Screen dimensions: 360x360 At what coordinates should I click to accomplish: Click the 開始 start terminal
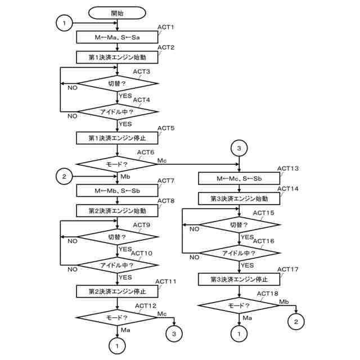click(118, 12)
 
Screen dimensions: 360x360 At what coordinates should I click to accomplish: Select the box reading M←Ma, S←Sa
click(118, 37)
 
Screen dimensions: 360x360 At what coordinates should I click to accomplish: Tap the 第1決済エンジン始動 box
click(118, 57)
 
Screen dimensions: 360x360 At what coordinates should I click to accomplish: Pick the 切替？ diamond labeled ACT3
click(118, 83)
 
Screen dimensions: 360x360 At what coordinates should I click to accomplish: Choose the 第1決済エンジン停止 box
click(118, 137)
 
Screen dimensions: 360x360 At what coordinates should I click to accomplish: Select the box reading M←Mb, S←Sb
click(118, 190)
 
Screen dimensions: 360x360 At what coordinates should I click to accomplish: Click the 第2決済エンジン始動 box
click(118, 210)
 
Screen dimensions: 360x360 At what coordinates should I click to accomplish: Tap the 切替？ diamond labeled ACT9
click(118, 237)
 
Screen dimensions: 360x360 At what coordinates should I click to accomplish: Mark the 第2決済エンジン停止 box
click(118, 291)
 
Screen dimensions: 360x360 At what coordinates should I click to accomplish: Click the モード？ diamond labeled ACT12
click(118, 317)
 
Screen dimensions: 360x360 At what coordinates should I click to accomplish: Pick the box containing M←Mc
click(240, 178)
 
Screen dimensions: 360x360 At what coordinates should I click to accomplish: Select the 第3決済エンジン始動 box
click(240, 199)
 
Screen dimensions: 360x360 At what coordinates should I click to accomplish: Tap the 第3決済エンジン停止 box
click(240, 279)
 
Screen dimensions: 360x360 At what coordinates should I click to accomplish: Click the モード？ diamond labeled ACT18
click(240, 305)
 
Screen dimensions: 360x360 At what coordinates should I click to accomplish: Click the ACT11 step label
click(166, 281)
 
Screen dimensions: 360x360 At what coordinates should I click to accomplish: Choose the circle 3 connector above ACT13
click(240, 148)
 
